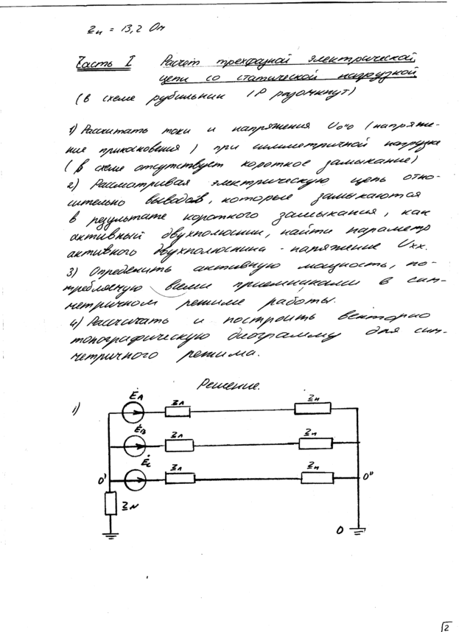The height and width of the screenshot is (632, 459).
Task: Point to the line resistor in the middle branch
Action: coord(178,445)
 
